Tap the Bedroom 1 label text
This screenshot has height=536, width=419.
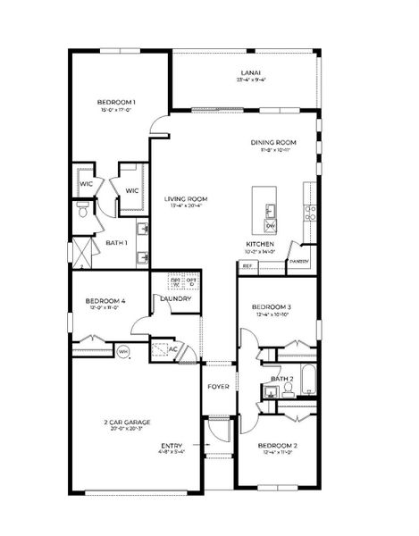pos(116,103)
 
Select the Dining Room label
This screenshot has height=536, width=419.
pos(273,142)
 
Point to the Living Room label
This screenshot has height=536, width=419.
pos(186,198)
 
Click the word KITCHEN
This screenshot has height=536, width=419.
pos(259,244)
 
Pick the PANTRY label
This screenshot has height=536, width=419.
pos(297,262)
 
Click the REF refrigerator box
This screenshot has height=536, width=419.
pos(247,265)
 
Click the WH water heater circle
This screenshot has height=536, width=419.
pos(124,351)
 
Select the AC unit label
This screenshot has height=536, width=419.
pos(173,349)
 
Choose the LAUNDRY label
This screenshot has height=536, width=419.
pos(177,298)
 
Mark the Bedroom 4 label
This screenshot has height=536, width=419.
pos(105,301)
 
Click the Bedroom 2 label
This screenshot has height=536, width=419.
pos(277,445)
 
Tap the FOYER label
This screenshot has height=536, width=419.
pos(219,387)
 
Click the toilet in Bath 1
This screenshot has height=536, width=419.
pos(81,212)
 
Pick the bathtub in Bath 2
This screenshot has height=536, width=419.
pos(306,381)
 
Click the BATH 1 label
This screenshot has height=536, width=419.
pos(116,243)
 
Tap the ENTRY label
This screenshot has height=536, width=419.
pos(172,446)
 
